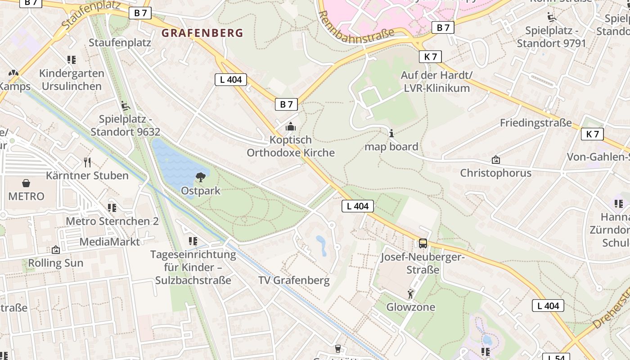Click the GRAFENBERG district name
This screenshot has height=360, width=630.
(x=202, y=33)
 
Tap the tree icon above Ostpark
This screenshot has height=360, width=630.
(x=201, y=177)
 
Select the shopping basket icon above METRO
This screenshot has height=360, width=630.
(x=26, y=183)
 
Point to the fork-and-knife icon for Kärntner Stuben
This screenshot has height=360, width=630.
(x=87, y=162)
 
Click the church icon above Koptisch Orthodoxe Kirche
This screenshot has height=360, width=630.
(x=291, y=126)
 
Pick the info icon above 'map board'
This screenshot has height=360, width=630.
(x=391, y=133)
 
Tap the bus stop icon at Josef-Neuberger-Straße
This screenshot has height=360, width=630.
(x=423, y=243)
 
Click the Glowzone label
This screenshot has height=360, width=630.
(x=411, y=307)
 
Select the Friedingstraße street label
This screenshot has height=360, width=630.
(x=535, y=123)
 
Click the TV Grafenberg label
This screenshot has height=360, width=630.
(x=294, y=280)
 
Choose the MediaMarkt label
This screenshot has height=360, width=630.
(x=109, y=242)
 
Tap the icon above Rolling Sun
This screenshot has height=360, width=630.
(x=56, y=250)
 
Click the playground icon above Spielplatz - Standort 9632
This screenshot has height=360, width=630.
(x=125, y=106)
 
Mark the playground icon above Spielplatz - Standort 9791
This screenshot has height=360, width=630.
(x=551, y=18)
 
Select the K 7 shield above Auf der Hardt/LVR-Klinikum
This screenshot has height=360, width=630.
(x=430, y=57)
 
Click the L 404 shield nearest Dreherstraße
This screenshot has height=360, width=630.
(x=548, y=306)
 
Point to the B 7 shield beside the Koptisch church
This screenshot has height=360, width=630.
(x=286, y=104)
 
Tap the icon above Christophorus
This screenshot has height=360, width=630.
(x=495, y=160)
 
